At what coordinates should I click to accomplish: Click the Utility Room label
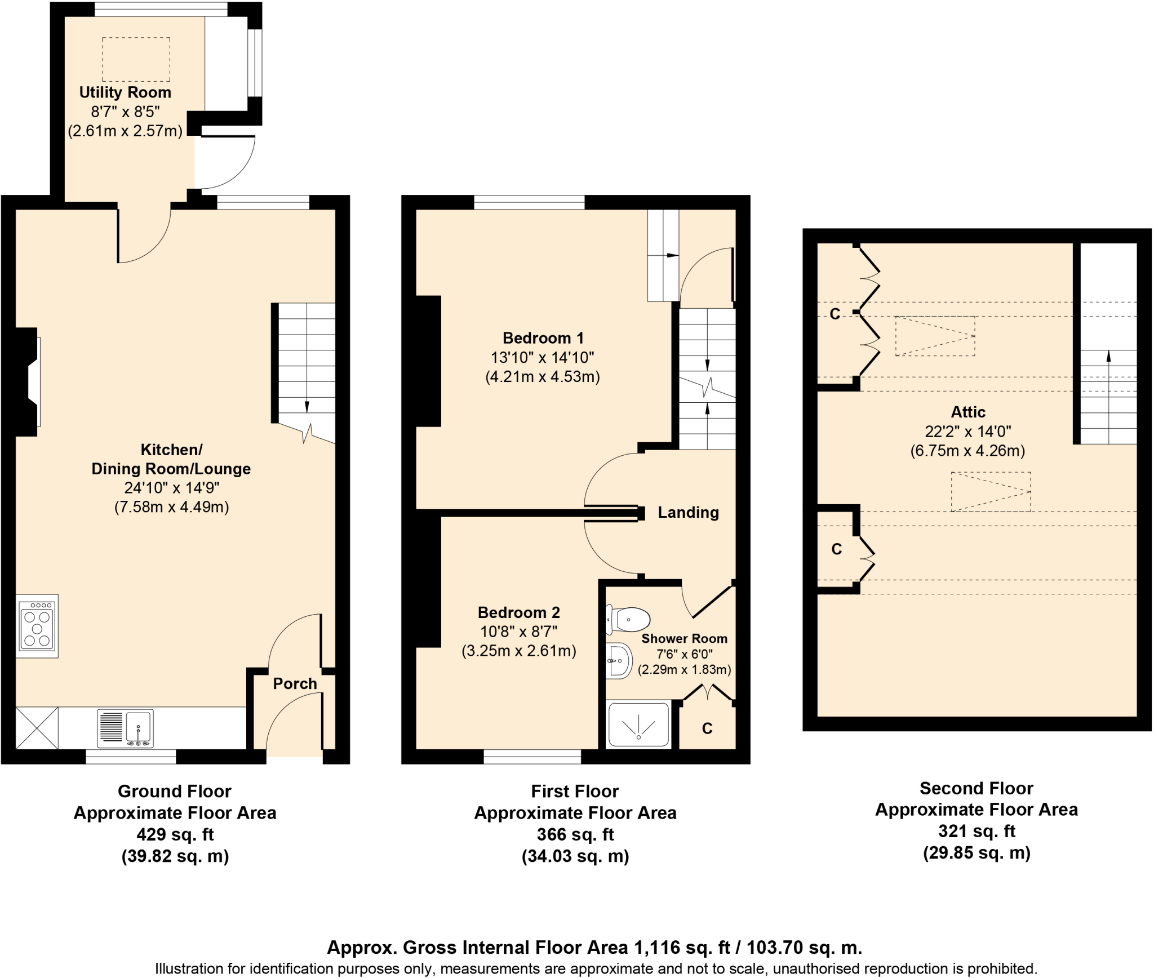click(125, 92)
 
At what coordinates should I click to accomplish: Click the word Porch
click(295, 684)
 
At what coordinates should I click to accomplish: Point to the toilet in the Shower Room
click(628, 620)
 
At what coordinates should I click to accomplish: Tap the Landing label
click(688, 513)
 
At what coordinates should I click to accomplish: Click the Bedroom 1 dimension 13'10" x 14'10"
click(542, 358)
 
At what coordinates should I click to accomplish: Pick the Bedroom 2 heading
click(518, 612)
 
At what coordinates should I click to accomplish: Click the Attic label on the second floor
click(968, 412)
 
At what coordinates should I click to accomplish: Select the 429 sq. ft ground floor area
click(175, 834)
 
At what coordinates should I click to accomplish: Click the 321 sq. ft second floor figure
click(976, 831)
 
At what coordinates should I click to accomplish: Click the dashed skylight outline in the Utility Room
click(136, 59)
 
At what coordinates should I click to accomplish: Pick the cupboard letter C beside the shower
click(707, 729)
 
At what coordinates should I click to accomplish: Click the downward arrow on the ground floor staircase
click(307, 406)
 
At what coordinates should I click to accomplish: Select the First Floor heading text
click(575, 792)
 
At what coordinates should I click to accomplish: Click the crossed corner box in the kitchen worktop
click(37, 728)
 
